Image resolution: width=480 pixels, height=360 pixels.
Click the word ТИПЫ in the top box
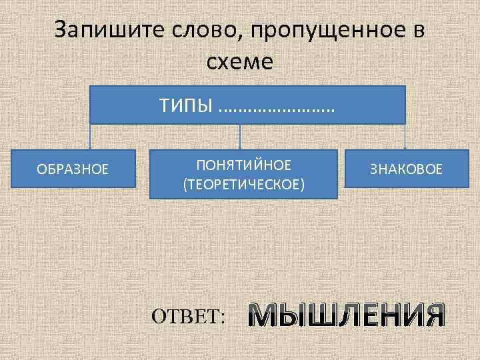185,105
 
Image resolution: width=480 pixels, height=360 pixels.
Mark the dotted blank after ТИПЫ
276,107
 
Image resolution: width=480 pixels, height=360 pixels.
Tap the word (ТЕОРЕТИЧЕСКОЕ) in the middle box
243,183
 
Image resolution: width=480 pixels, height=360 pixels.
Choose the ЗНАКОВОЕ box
406,169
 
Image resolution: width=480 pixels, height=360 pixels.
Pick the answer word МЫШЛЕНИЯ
346,315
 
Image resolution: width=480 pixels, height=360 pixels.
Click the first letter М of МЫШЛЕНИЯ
261,315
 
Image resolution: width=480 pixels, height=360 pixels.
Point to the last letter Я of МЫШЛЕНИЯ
432,315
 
